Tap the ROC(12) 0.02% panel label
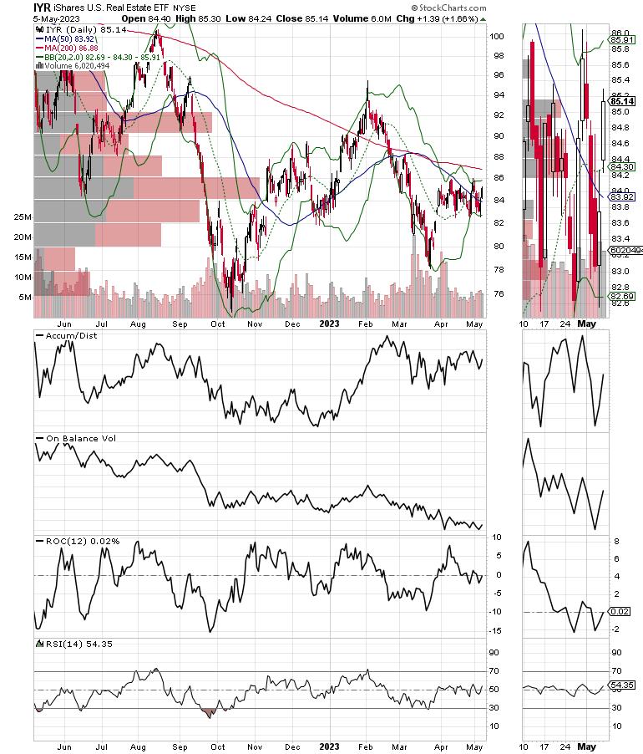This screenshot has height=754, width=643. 78,541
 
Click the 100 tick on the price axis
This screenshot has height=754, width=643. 498,37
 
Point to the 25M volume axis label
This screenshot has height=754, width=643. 22,217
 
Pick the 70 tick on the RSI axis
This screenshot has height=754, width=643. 495,671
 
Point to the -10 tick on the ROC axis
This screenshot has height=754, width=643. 497,612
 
